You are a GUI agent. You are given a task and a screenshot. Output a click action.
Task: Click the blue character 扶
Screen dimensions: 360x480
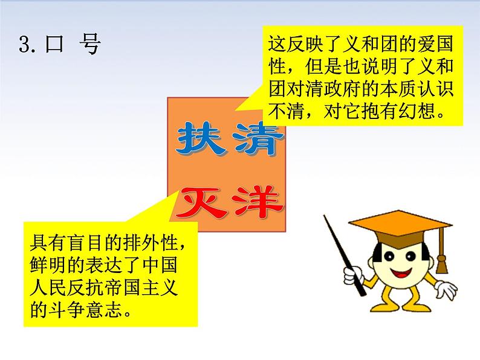(195, 141)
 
